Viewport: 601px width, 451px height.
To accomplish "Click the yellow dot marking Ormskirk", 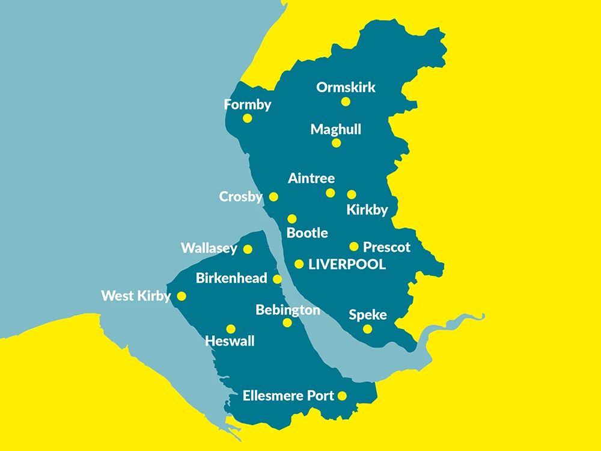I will pyautogui.click(x=346, y=102).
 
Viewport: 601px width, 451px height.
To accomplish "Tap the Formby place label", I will pyautogui.click(x=248, y=105).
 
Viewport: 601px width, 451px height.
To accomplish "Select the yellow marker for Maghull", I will pyautogui.click(x=336, y=143).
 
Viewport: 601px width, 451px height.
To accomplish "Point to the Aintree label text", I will pyautogui.click(x=311, y=178).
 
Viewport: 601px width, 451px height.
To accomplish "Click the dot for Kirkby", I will pyautogui.click(x=352, y=194).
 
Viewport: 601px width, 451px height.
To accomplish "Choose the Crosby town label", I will pyautogui.click(x=240, y=197).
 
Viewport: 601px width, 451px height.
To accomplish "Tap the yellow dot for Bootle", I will pyautogui.click(x=292, y=219).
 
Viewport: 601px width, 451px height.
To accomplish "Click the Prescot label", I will pyautogui.click(x=387, y=247).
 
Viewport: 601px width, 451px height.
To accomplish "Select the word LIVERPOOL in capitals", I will pyautogui.click(x=347, y=265).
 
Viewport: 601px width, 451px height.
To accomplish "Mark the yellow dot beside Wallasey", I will pyautogui.click(x=248, y=249).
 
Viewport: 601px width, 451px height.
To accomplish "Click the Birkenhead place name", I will pyautogui.click(x=231, y=279).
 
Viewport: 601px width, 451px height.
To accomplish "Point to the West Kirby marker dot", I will pyautogui.click(x=182, y=296).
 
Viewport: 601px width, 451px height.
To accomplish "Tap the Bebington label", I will pyautogui.click(x=288, y=310).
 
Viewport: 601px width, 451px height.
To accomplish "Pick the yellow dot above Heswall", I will pyautogui.click(x=230, y=329).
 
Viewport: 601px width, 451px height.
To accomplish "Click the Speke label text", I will pyautogui.click(x=368, y=315).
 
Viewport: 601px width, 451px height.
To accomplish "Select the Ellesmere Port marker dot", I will pyautogui.click(x=342, y=396).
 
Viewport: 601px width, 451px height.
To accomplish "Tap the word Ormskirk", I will pyautogui.click(x=346, y=87).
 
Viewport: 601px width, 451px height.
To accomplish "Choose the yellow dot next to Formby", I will pyautogui.click(x=247, y=118).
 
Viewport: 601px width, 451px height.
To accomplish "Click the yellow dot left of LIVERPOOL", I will pyautogui.click(x=299, y=264).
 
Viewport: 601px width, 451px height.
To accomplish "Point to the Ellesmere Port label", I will pyautogui.click(x=288, y=396).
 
